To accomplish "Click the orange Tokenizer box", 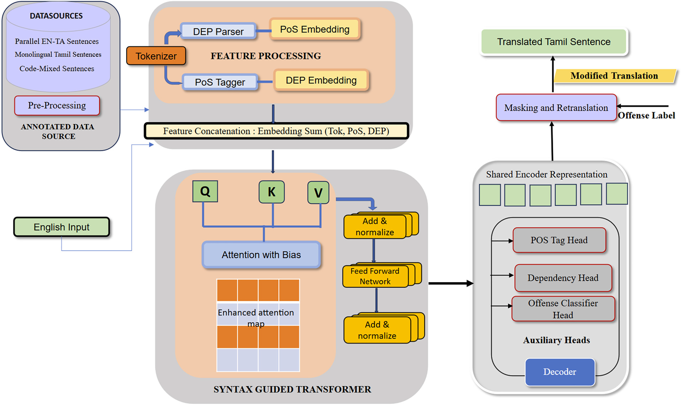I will (156, 56).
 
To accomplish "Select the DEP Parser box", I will (218, 31).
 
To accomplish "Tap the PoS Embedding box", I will (315, 29).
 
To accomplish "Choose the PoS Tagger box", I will (220, 82).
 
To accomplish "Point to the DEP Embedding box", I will (321, 80).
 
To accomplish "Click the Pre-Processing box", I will (57, 105).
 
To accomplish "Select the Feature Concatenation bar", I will (276, 131).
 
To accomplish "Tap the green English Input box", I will (61, 227).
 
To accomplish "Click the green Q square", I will (205, 191).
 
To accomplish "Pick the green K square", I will (271, 192).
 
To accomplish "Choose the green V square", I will (318, 193).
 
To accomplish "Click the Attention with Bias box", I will (261, 254).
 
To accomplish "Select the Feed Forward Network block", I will (375, 276).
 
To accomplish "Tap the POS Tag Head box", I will (559, 240).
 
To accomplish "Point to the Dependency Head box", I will (563, 278).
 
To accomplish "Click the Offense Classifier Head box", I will (563, 309).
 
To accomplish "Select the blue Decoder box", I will (559, 372).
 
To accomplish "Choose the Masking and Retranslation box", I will (556, 107).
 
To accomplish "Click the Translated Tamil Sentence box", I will (554, 42).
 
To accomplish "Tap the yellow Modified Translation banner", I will (614, 76).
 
